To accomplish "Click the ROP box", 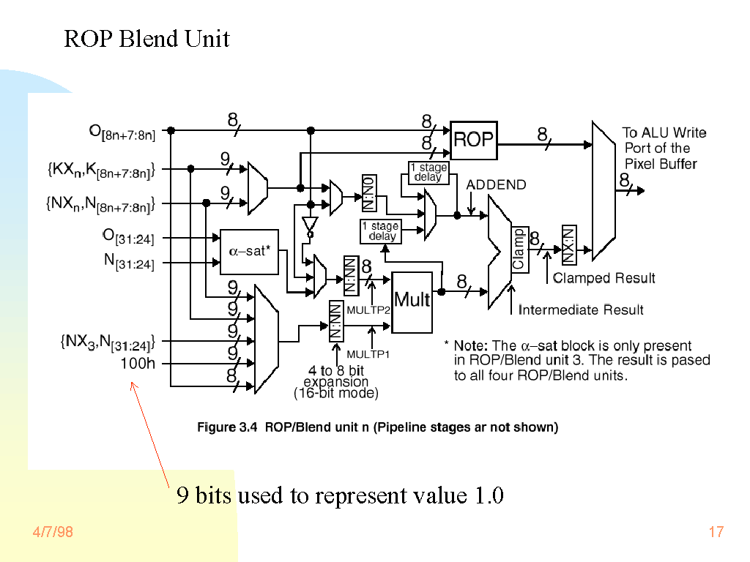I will tap(473, 140).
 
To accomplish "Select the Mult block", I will tap(412, 301).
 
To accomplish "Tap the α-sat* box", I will tap(249, 251).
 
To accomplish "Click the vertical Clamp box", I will tap(519, 249).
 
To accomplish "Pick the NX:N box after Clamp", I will tap(569, 244).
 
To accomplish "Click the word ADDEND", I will tap(496, 184).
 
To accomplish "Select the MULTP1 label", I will tap(368, 354).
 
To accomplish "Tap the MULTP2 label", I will tap(368, 310).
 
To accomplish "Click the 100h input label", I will tap(138, 364).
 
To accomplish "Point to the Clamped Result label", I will tap(604, 278).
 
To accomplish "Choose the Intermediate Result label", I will tap(581, 310).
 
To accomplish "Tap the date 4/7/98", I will tap(53, 532).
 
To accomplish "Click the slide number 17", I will tap(716, 532).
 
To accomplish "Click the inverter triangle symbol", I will tap(310, 224).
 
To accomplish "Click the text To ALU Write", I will tap(664, 132).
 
